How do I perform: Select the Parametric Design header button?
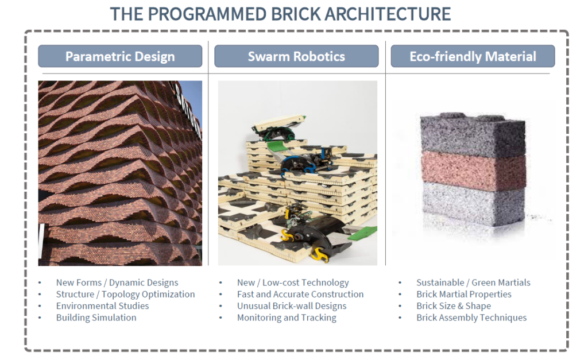point(120,56)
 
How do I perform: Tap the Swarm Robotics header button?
point(296,56)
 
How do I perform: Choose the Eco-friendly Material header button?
point(473,56)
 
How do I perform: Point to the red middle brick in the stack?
point(473,171)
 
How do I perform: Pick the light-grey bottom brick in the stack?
point(473,204)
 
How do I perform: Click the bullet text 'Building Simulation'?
point(96,318)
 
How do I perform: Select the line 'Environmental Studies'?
point(102,306)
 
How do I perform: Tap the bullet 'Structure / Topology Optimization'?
point(126,295)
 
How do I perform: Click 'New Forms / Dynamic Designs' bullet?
point(117,282)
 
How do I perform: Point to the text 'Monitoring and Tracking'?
point(287,318)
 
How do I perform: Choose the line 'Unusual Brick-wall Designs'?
point(292,306)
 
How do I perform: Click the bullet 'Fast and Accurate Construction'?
point(300,295)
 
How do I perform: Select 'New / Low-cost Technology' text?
point(293,282)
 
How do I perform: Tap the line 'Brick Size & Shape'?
point(454,306)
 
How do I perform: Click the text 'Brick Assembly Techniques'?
point(471,318)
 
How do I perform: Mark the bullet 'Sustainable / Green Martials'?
point(473,282)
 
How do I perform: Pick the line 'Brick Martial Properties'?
point(464,295)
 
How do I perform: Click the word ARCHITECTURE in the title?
point(388,14)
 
